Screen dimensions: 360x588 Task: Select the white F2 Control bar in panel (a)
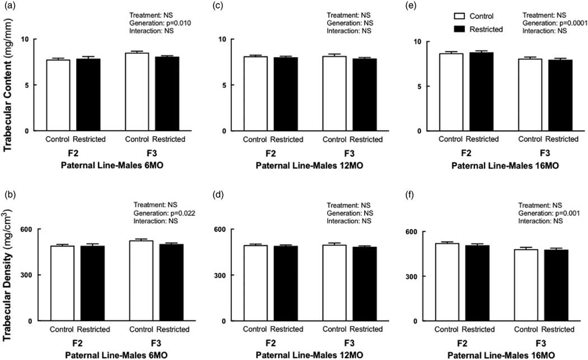[58, 95]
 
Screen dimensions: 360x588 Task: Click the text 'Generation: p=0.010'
[164, 23]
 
